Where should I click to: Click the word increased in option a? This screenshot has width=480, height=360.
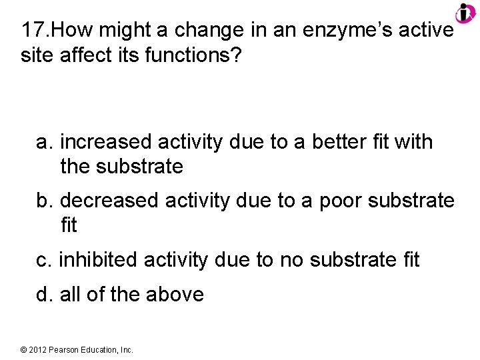(109, 142)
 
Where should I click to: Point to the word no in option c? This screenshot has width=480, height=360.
(291, 259)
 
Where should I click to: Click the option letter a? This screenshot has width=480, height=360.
(45, 142)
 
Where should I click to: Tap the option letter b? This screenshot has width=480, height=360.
(45, 201)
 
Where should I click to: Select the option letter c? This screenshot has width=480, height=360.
(44, 259)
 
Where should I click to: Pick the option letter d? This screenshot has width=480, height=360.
(45, 294)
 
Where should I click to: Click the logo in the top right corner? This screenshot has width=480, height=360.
(465, 13)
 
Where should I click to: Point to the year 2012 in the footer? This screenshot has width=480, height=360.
(37, 349)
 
